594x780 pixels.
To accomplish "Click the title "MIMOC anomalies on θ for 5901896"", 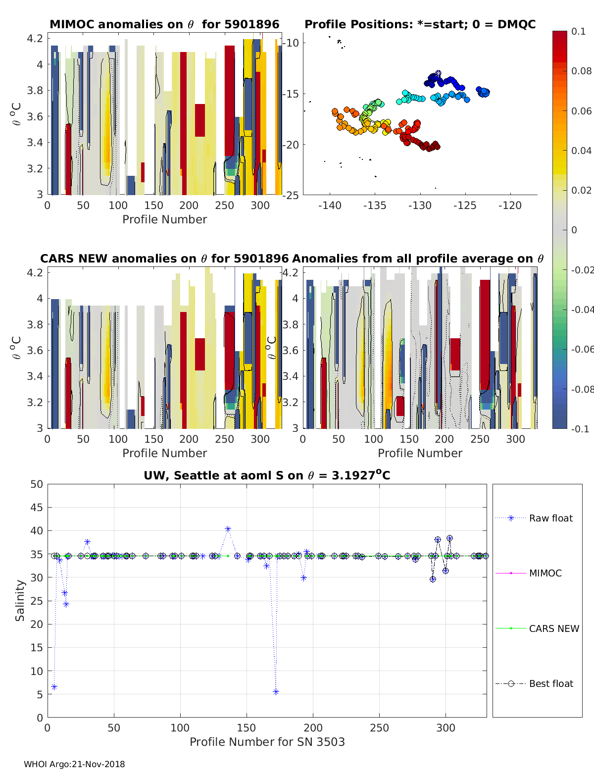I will click(x=164, y=24).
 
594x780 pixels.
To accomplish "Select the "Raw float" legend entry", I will click(x=550, y=518).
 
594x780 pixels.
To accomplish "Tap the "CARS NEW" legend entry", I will click(x=553, y=628).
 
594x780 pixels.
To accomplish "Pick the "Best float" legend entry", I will click(x=550, y=683).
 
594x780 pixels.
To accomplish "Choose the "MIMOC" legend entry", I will click(x=545, y=573).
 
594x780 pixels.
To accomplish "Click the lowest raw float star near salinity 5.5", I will click(x=276, y=692).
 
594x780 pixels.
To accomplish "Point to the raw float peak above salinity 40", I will click(x=228, y=529).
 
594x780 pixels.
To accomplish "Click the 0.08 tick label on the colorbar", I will click(x=581, y=71).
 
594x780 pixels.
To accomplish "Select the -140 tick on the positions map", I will click(x=330, y=205).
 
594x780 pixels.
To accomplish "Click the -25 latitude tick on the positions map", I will click(x=292, y=195).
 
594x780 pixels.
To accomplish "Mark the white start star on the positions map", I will click(x=438, y=73).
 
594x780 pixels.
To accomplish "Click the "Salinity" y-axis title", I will click(x=20, y=601).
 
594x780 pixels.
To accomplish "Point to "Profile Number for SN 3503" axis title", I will click(x=267, y=741).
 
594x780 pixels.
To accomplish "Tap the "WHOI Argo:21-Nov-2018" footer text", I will click(x=74, y=764).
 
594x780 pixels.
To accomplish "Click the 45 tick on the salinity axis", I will click(x=37, y=507).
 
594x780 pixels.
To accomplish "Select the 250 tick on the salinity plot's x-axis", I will click(x=379, y=728).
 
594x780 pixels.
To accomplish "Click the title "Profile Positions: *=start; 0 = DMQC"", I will click(x=420, y=24).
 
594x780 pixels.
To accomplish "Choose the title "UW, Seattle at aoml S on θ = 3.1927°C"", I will click(x=267, y=475).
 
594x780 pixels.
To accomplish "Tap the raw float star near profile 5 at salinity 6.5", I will click(x=54, y=687).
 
